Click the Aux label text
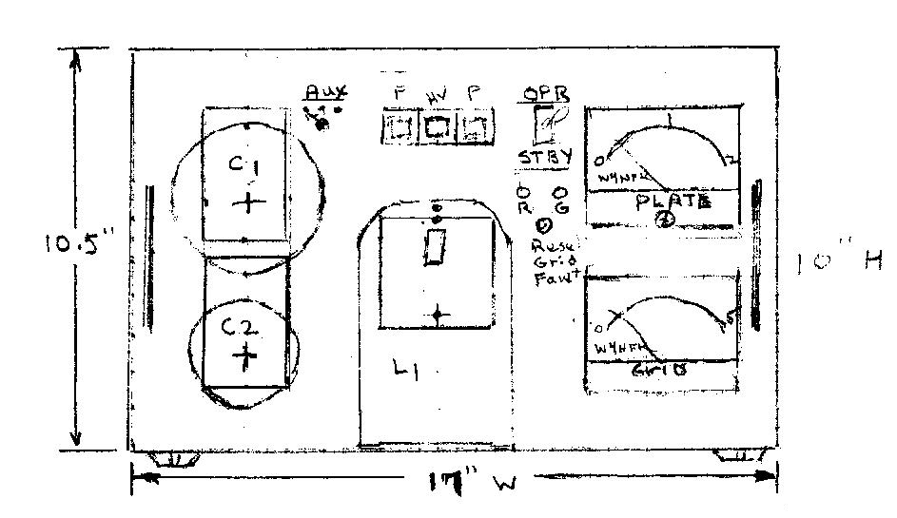(x=326, y=92)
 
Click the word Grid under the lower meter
(x=660, y=373)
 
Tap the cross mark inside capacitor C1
(x=247, y=201)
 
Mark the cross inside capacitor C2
(x=245, y=357)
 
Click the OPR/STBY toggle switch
(x=545, y=124)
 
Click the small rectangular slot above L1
(x=436, y=249)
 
